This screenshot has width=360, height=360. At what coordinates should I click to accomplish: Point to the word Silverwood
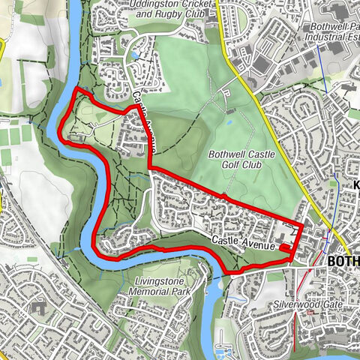click(294, 306)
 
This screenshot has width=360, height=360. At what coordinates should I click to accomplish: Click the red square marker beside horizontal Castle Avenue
click(285, 247)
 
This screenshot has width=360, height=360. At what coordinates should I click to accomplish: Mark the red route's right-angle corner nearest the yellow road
click(302, 225)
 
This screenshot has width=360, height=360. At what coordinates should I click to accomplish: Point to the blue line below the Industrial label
click(320, 60)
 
